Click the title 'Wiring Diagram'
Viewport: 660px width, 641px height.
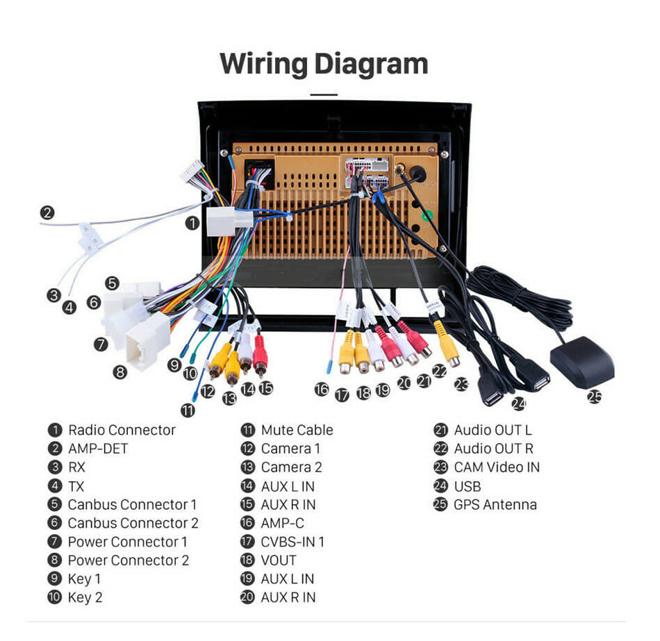(324, 64)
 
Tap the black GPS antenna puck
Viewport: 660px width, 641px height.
(582, 363)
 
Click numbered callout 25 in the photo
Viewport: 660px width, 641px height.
(595, 397)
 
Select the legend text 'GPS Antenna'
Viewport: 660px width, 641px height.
(495, 505)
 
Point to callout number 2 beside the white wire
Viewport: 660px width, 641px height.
(47, 213)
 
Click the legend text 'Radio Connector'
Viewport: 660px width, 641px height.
(122, 430)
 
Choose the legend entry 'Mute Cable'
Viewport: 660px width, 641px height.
(297, 430)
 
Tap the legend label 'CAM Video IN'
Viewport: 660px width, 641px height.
(496, 467)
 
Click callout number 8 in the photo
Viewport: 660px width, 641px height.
(121, 372)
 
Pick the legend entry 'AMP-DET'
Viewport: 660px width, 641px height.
(98, 449)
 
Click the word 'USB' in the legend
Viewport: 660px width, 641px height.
(467, 486)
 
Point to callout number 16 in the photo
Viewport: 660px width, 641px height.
(321, 390)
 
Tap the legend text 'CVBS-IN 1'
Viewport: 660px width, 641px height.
(292, 542)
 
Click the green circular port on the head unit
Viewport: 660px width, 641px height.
(429, 216)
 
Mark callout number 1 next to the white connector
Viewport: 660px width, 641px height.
(192, 223)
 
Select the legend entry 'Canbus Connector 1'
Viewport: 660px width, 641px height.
(132, 505)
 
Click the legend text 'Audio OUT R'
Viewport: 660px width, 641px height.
(493, 449)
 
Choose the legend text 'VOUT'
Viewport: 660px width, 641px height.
(279, 560)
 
